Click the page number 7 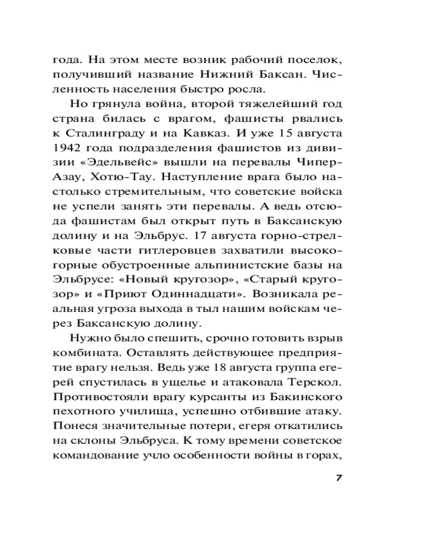(338, 478)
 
